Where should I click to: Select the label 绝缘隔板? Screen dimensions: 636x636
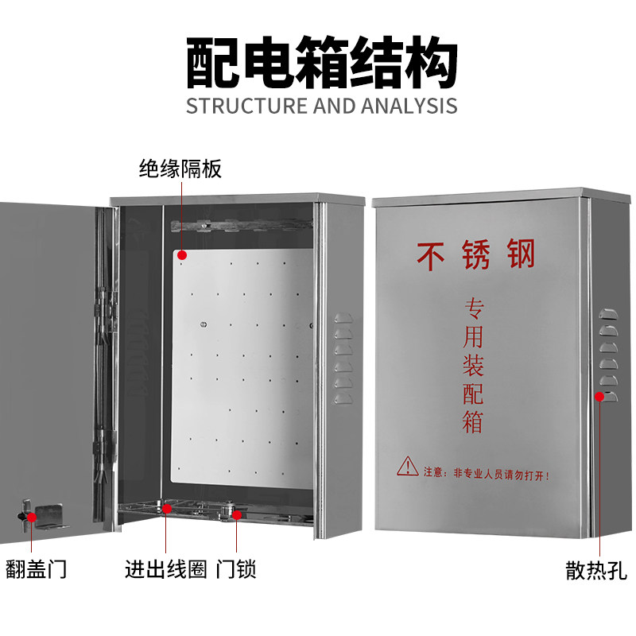point(180,169)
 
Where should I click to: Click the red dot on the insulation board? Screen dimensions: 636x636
point(181,255)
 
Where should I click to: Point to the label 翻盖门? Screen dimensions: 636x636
point(36,569)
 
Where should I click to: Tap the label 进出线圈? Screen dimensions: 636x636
point(165,569)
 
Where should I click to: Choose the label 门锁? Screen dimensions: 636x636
point(236,569)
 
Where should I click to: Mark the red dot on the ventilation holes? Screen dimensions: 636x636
point(599,394)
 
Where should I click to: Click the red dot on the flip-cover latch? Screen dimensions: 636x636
point(32,517)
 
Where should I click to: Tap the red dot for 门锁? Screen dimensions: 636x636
point(237,515)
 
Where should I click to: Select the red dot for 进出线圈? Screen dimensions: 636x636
point(166,509)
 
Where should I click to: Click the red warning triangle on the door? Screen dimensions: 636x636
point(408,466)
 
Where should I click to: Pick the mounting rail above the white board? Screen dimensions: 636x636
point(238,227)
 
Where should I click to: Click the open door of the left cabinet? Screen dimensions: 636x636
point(48,358)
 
